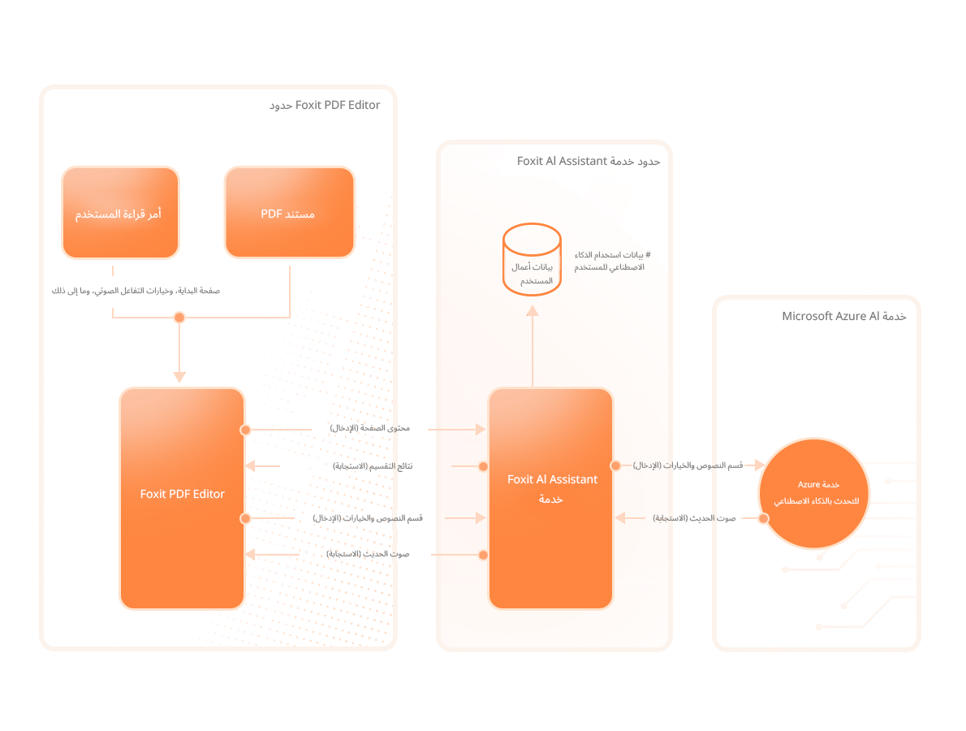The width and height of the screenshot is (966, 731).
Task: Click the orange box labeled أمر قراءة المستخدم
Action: click(120, 213)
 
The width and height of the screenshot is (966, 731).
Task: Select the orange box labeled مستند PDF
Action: click(289, 213)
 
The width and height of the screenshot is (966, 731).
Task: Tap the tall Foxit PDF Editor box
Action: click(182, 498)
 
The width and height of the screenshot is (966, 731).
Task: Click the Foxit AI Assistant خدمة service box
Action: click(551, 498)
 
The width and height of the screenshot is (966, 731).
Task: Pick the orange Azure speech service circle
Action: click(813, 493)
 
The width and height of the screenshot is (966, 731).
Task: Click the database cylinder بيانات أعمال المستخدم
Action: click(532, 258)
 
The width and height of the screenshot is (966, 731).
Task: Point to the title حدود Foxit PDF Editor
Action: click(325, 105)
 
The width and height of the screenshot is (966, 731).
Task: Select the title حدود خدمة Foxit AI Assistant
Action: click(589, 161)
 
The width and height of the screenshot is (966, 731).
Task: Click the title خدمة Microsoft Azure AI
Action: click(843, 316)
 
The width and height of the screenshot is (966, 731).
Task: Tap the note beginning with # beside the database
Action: click(609, 261)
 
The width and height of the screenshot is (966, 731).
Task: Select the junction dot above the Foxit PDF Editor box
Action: click(179, 318)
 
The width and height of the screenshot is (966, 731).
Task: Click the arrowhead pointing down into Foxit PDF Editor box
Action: click(179, 377)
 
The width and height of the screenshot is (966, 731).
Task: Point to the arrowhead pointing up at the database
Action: click(532, 311)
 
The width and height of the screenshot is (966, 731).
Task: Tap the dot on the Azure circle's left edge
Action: click(763, 518)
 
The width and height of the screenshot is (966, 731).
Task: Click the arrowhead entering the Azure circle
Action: click(759, 465)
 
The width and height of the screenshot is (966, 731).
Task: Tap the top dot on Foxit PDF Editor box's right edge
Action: click(245, 430)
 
